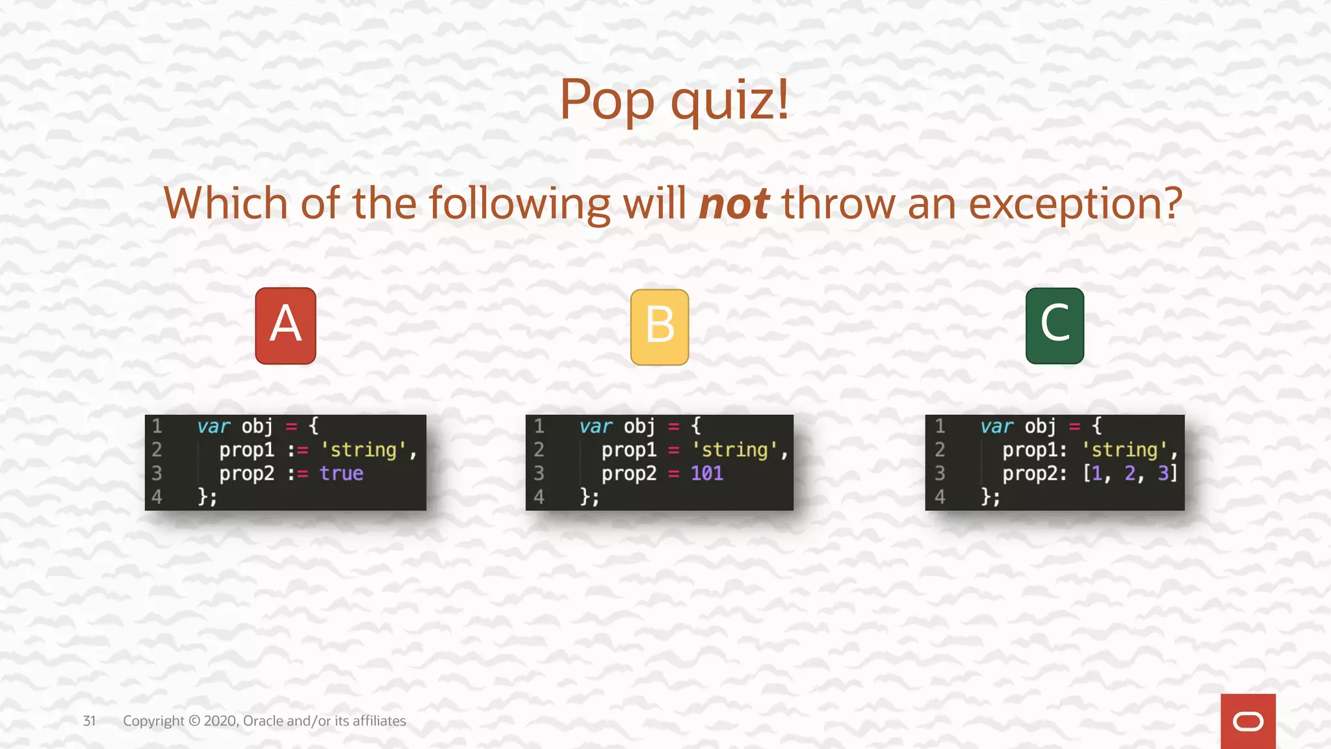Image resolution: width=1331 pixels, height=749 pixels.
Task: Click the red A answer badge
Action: tap(285, 326)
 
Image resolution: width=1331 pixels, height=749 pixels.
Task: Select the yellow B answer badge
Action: tap(660, 327)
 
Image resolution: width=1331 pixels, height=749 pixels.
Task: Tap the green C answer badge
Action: tap(1054, 326)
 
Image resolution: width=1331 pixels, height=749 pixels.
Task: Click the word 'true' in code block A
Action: tap(341, 473)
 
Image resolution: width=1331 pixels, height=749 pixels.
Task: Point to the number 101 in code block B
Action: tap(706, 473)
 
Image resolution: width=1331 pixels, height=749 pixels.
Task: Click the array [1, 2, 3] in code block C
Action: tap(1130, 473)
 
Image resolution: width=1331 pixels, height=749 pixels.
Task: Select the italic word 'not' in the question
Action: tap(734, 204)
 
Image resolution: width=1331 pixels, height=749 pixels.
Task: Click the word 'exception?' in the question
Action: tap(1075, 204)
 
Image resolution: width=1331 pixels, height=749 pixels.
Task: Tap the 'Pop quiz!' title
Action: tap(674, 99)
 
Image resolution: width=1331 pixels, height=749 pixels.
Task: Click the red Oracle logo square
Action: tap(1247, 721)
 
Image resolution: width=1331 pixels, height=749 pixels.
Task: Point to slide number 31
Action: tap(89, 721)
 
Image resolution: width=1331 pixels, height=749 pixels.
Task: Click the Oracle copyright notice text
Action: tap(264, 721)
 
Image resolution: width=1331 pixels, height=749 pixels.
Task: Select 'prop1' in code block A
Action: tap(246, 450)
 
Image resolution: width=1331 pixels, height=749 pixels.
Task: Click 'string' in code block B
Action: tap(735, 450)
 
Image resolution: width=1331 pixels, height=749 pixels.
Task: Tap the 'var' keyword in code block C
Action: tap(997, 427)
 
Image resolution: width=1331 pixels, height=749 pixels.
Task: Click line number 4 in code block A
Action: tap(157, 497)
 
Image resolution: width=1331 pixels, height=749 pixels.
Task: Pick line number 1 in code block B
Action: tap(539, 427)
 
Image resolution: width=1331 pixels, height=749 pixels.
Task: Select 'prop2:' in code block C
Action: tap(1034, 473)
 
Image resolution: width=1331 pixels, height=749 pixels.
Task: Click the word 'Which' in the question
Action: tap(226, 204)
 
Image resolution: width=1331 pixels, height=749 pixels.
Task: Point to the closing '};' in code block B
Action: tap(589, 497)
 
